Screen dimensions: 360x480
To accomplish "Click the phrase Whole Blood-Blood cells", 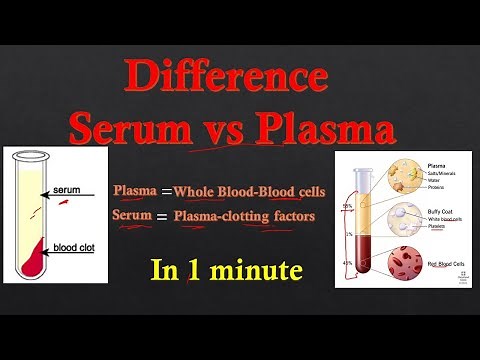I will (x=248, y=191).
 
